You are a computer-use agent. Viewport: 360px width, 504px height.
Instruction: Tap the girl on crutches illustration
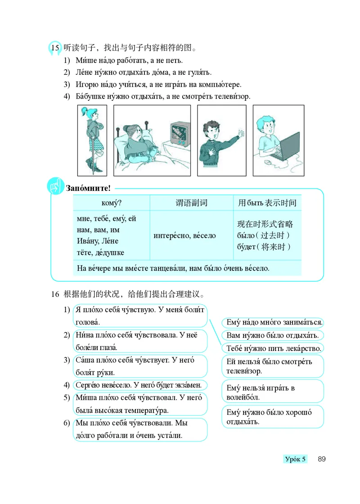pos(92,139)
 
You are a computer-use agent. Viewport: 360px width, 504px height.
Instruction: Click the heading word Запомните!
pos(88,188)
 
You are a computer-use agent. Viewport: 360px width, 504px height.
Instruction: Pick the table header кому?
pos(111,203)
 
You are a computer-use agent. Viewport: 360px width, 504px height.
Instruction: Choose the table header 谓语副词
pos(191,203)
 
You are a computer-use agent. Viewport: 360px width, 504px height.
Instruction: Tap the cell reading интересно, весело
pos(184,235)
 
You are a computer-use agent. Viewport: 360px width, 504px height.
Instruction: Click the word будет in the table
pos(246,247)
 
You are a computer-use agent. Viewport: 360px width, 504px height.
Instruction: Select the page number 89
pos(321,459)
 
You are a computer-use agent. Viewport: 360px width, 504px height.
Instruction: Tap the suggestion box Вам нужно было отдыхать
pos(272,335)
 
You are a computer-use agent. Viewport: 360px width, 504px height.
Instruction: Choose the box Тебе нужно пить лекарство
pos(273,348)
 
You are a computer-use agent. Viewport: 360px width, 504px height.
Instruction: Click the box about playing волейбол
pos(272,392)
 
